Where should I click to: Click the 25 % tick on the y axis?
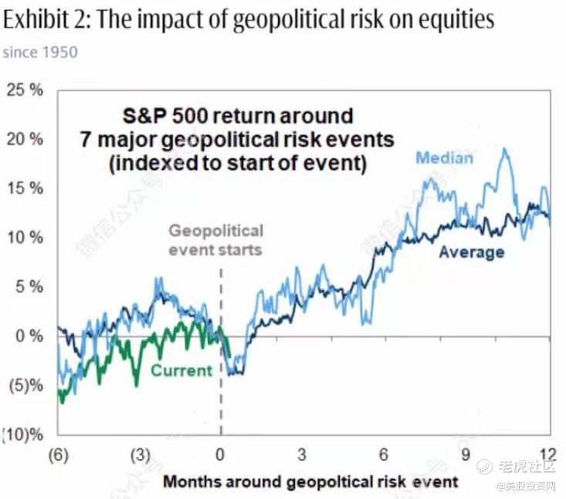pyautogui.click(x=25, y=90)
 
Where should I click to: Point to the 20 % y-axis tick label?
pyautogui.click(x=25, y=140)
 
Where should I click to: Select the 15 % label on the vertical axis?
pyautogui.click(x=25, y=189)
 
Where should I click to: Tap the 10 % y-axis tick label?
pyautogui.click(x=25, y=238)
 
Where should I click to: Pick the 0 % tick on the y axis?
pyautogui.click(x=29, y=336)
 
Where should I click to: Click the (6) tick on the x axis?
pyautogui.click(x=59, y=453)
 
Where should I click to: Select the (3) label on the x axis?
pyautogui.click(x=140, y=453)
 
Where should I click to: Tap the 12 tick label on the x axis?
pyautogui.click(x=548, y=453)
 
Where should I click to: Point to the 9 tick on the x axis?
pyautogui.click(x=466, y=453)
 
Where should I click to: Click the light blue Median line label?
pyautogui.click(x=444, y=158)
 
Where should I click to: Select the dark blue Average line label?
pyautogui.click(x=471, y=252)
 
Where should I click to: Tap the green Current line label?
pyautogui.click(x=181, y=370)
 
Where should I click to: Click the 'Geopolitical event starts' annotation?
pyautogui.click(x=215, y=239)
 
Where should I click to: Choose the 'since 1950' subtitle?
pyautogui.click(x=40, y=52)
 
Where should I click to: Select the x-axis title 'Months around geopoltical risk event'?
pyautogui.click(x=310, y=482)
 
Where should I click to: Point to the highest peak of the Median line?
pyautogui.click(x=507, y=150)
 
